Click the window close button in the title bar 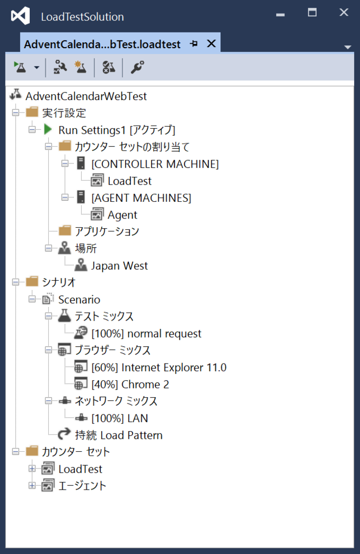coord(344,13)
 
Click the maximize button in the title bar coord(312,13)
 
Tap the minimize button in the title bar coord(280,15)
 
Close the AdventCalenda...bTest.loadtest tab coord(212,43)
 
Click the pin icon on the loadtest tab coord(194,43)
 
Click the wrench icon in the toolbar coord(137,67)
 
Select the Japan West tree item coord(119,266)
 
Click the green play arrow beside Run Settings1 coord(48,129)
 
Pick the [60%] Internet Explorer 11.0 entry coord(159,367)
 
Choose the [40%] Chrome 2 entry coord(130,385)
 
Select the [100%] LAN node coord(120,418)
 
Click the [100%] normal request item coord(146,333)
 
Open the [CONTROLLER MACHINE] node coord(155,164)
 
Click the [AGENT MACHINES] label coord(141,198)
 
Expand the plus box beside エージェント coord(32,485)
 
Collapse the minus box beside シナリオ coord(16,282)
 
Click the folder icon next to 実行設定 coord(32,112)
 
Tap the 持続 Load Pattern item coord(119,436)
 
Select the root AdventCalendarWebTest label coord(86,96)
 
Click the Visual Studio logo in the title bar coord(21,16)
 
